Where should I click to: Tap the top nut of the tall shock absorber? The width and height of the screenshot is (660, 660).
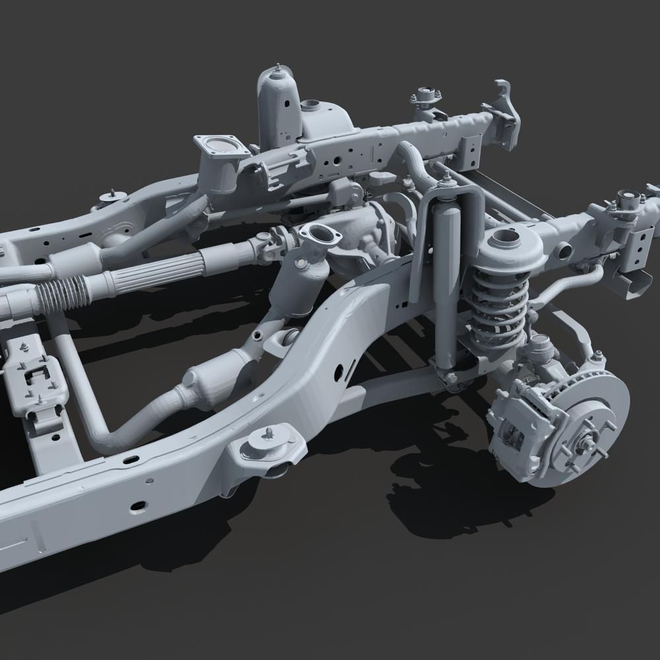(x=447, y=178)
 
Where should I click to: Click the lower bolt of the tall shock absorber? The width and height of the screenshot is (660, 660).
(x=451, y=377)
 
